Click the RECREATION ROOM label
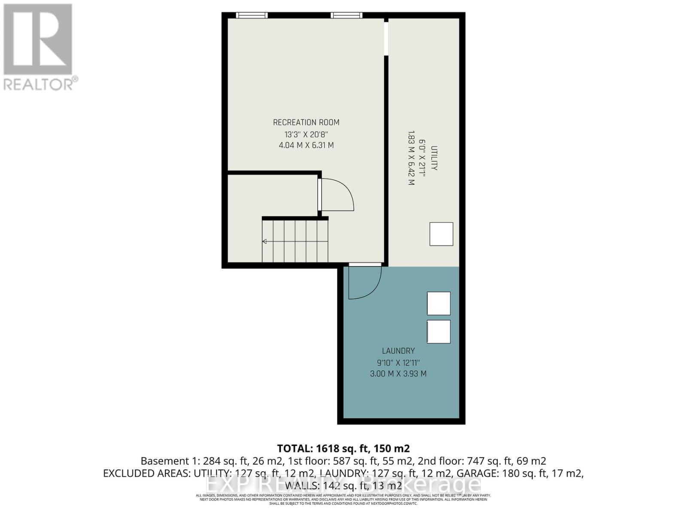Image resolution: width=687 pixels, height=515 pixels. click(x=306, y=123)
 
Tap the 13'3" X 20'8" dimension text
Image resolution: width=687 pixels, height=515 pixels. click(x=306, y=134)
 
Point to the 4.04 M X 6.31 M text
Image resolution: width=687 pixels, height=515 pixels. click(x=306, y=145)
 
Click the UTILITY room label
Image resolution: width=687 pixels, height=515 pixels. click(x=434, y=158)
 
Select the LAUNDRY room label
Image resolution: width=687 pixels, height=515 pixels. click(x=398, y=351)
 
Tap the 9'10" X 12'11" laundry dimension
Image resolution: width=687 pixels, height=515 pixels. click(x=398, y=363)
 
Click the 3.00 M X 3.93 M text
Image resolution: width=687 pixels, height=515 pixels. click(x=398, y=374)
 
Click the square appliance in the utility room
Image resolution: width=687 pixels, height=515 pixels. click(x=441, y=234)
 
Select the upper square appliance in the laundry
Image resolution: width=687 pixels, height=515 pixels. click(x=438, y=303)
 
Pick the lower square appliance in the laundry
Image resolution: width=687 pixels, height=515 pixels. click(x=438, y=332)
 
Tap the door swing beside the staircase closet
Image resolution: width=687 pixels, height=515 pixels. click(x=337, y=195)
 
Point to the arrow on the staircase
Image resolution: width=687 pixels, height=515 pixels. click(x=265, y=242)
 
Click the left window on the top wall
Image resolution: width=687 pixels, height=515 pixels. click(x=252, y=15)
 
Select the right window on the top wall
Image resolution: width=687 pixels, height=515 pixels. click(x=346, y=15)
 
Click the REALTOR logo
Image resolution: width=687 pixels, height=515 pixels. click(x=38, y=47)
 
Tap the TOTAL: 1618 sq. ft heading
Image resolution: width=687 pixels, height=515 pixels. click(x=343, y=448)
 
